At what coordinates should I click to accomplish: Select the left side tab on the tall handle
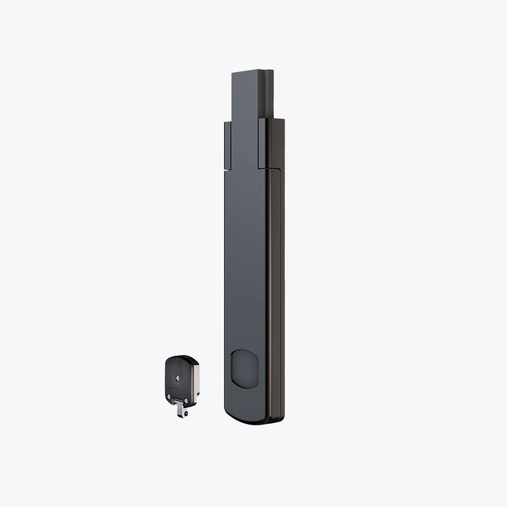click(228, 144)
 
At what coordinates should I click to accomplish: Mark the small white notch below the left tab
click(226, 170)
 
